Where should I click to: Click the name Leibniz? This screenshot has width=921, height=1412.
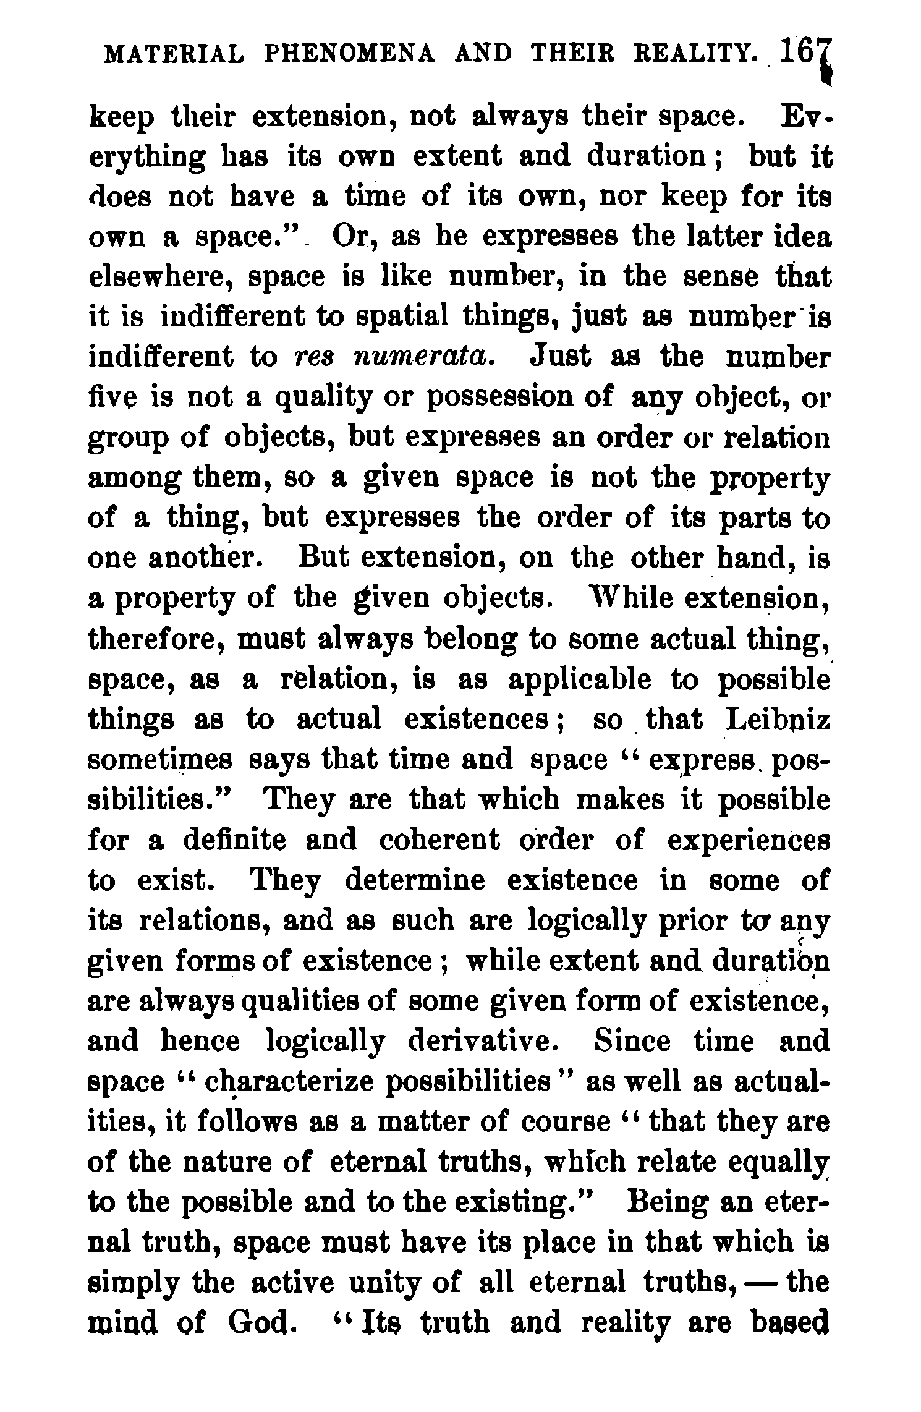click(778, 719)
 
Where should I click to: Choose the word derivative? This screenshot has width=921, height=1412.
click(483, 1042)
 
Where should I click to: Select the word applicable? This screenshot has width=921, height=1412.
click(580, 679)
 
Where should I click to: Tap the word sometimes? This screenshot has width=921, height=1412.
click(161, 760)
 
